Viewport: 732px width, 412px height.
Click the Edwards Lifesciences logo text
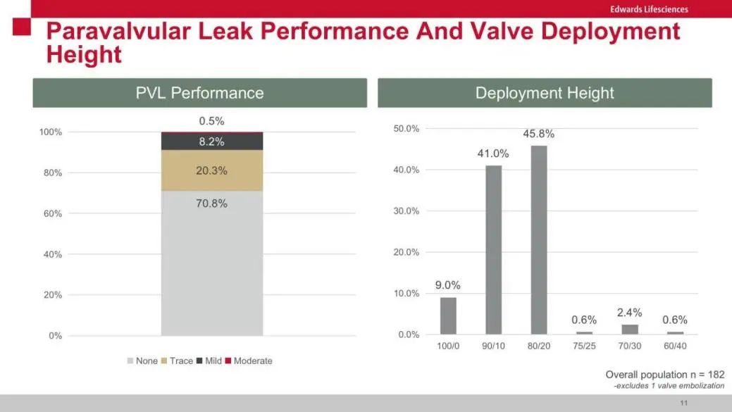coord(649,9)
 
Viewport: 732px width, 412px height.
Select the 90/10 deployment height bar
coord(493,249)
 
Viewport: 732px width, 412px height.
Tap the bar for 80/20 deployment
coord(539,239)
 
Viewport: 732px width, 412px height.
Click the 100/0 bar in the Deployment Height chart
coord(448,316)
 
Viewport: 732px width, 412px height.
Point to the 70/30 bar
coord(629,329)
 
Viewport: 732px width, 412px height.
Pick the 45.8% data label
coord(538,134)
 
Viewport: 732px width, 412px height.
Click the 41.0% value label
coord(493,154)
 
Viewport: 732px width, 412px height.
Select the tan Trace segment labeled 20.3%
coord(212,170)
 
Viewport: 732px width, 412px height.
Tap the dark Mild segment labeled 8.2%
coord(212,142)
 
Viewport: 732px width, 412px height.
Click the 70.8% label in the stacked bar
coord(212,204)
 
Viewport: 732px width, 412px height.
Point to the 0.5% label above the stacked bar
coord(212,121)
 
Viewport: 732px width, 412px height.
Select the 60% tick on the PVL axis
coord(51,213)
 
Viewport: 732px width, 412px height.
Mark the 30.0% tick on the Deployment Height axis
coord(407,211)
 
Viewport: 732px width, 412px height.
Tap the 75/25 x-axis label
coord(584,346)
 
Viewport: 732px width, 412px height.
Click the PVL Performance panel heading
coord(199,93)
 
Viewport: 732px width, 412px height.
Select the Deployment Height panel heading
coord(545,93)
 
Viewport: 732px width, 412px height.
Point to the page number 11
coord(683,403)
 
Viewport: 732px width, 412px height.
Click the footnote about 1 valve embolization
coord(669,386)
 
